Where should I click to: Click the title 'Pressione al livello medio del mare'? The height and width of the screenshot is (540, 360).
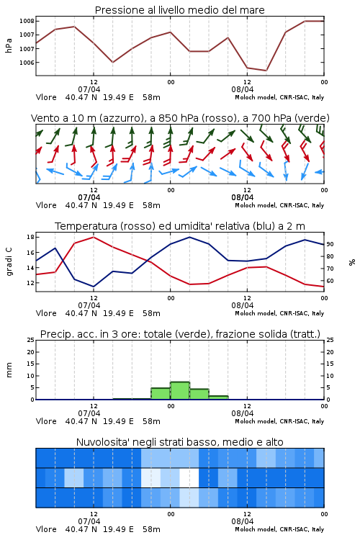(179, 10)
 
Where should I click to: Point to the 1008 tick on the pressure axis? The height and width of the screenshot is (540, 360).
(27, 21)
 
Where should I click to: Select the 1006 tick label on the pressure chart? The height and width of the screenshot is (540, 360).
(27, 63)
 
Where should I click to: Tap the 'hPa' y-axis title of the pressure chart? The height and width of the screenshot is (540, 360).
(9, 45)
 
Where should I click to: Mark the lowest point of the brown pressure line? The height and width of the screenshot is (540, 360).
(266, 71)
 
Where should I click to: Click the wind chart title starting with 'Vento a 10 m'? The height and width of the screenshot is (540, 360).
(180, 118)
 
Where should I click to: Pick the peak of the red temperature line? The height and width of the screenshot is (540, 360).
(94, 237)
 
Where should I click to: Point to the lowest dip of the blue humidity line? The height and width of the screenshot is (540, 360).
(94, 287)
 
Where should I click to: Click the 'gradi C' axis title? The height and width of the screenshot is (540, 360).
(9, 261)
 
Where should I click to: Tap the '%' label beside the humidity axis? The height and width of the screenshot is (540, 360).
(352, 262)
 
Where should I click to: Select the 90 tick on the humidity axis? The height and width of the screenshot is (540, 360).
(330, 244)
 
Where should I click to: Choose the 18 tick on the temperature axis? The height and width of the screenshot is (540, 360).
(30, 237)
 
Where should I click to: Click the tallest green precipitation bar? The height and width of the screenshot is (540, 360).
(180, 390)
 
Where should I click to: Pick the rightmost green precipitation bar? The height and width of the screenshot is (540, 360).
(218, 397)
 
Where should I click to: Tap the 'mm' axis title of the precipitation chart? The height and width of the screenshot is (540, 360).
(9, 370)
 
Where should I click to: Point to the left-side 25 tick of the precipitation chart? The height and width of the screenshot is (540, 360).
(30, 340)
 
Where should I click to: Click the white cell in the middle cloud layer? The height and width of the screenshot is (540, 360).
(189, 477)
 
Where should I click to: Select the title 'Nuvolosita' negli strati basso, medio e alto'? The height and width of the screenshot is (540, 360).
(179, 442)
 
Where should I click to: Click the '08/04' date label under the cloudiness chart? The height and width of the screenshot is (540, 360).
(243, 521)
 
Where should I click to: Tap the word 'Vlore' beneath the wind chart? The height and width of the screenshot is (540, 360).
(46, 205)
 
